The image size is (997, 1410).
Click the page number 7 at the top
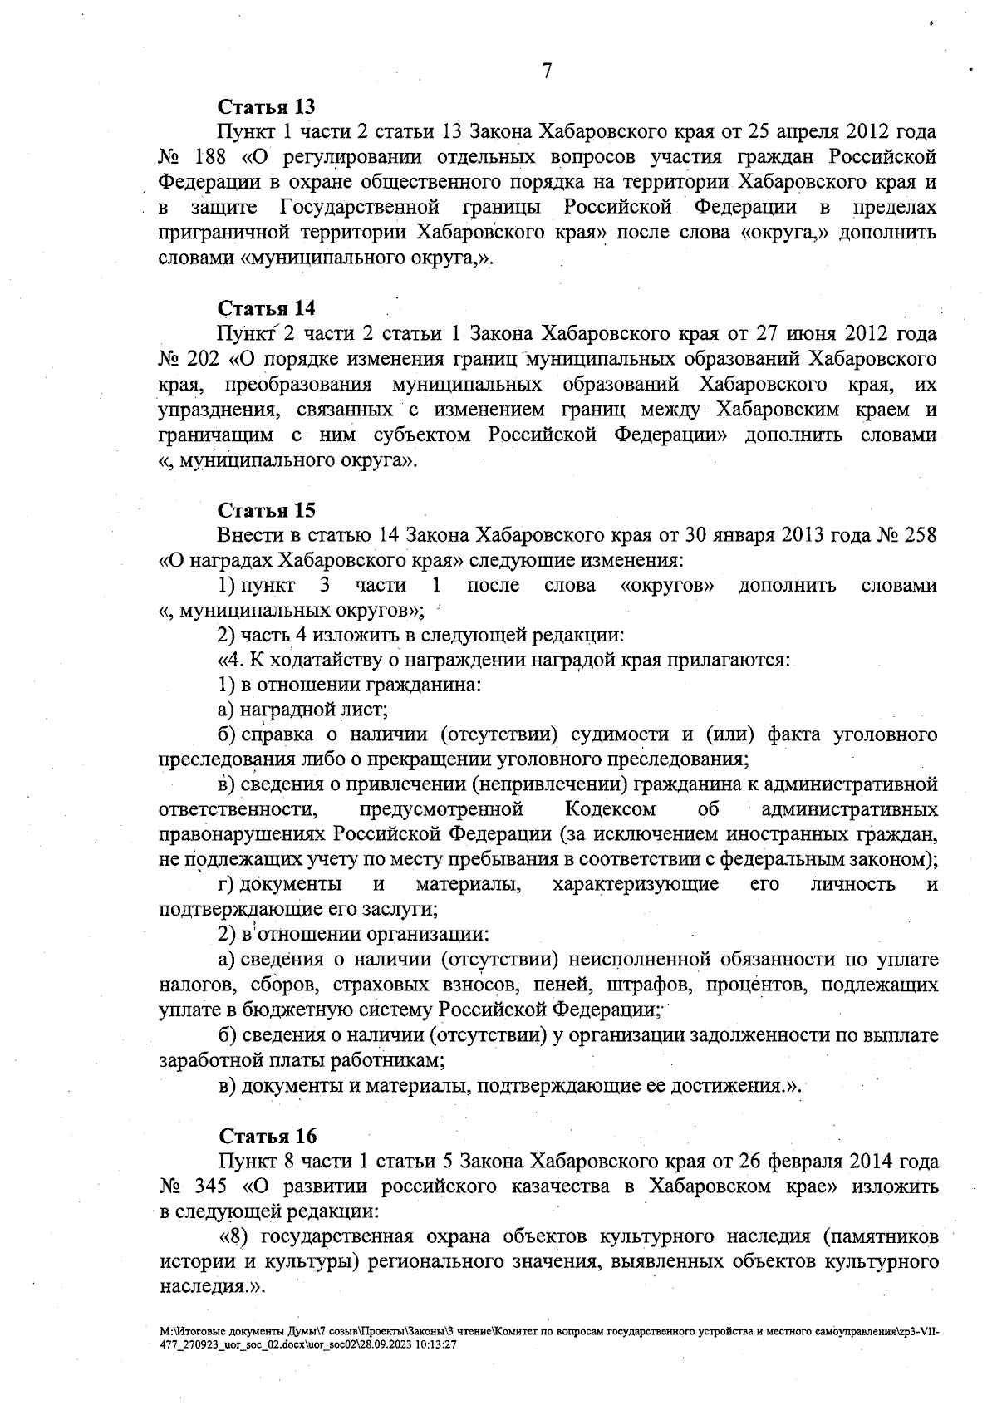pyautogui.click(x=547, y=71)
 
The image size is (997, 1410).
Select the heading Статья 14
pyautogui.click(x=266, y=308)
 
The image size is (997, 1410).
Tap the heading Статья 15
pyautogui.click(x=266, y=509)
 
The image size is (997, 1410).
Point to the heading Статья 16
pyautogui.click(x=268, y=1135)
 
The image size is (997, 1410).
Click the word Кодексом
pyautogui.click(x=611, y=809)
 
